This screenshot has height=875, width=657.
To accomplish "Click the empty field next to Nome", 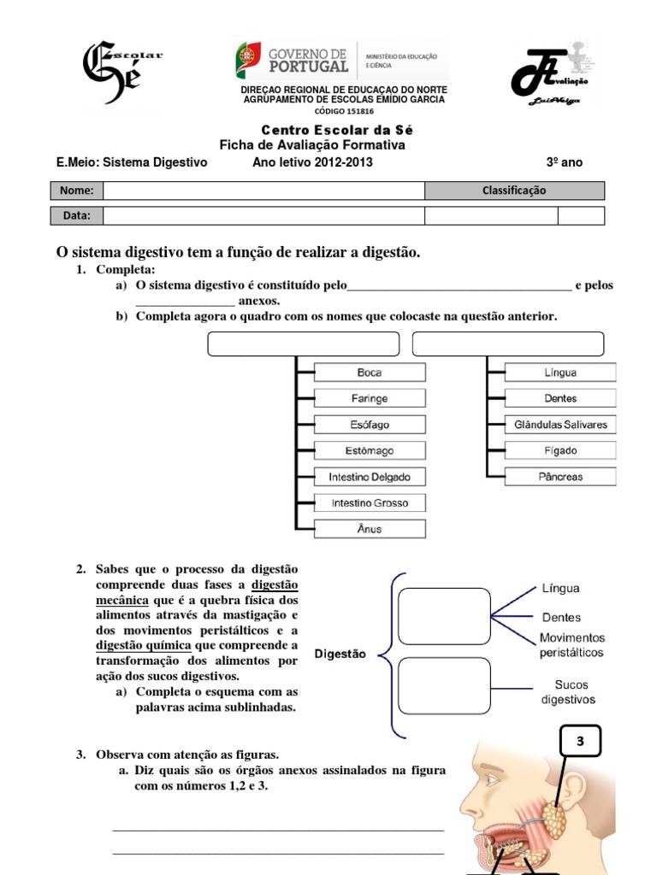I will pos(263,191).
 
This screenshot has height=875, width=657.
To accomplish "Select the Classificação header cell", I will pos(514,191).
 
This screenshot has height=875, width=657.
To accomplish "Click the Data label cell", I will pos(76,215).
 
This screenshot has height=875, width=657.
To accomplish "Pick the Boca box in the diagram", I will pos(370,373).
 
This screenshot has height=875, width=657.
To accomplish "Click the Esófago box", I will pos(370,425).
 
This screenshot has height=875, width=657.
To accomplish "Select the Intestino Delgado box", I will pos(370,477).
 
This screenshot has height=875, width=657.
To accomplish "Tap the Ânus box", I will pos(370,529).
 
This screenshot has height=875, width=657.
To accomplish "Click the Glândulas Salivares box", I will pos(560,425).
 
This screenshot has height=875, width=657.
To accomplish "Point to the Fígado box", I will pos(560,450).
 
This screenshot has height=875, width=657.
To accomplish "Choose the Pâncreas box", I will pos(560,477).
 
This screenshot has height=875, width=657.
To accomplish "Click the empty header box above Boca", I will pos(304,344).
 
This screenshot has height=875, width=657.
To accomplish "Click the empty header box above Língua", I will pos(508,344).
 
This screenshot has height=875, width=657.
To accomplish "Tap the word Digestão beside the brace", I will pos(340,654).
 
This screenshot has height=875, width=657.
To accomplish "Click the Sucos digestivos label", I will pos(568,692).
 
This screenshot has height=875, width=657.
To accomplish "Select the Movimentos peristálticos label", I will pos(571,645).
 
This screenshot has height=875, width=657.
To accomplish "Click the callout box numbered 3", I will pos(580,743).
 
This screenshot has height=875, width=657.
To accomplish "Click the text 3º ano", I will pos(564,162).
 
